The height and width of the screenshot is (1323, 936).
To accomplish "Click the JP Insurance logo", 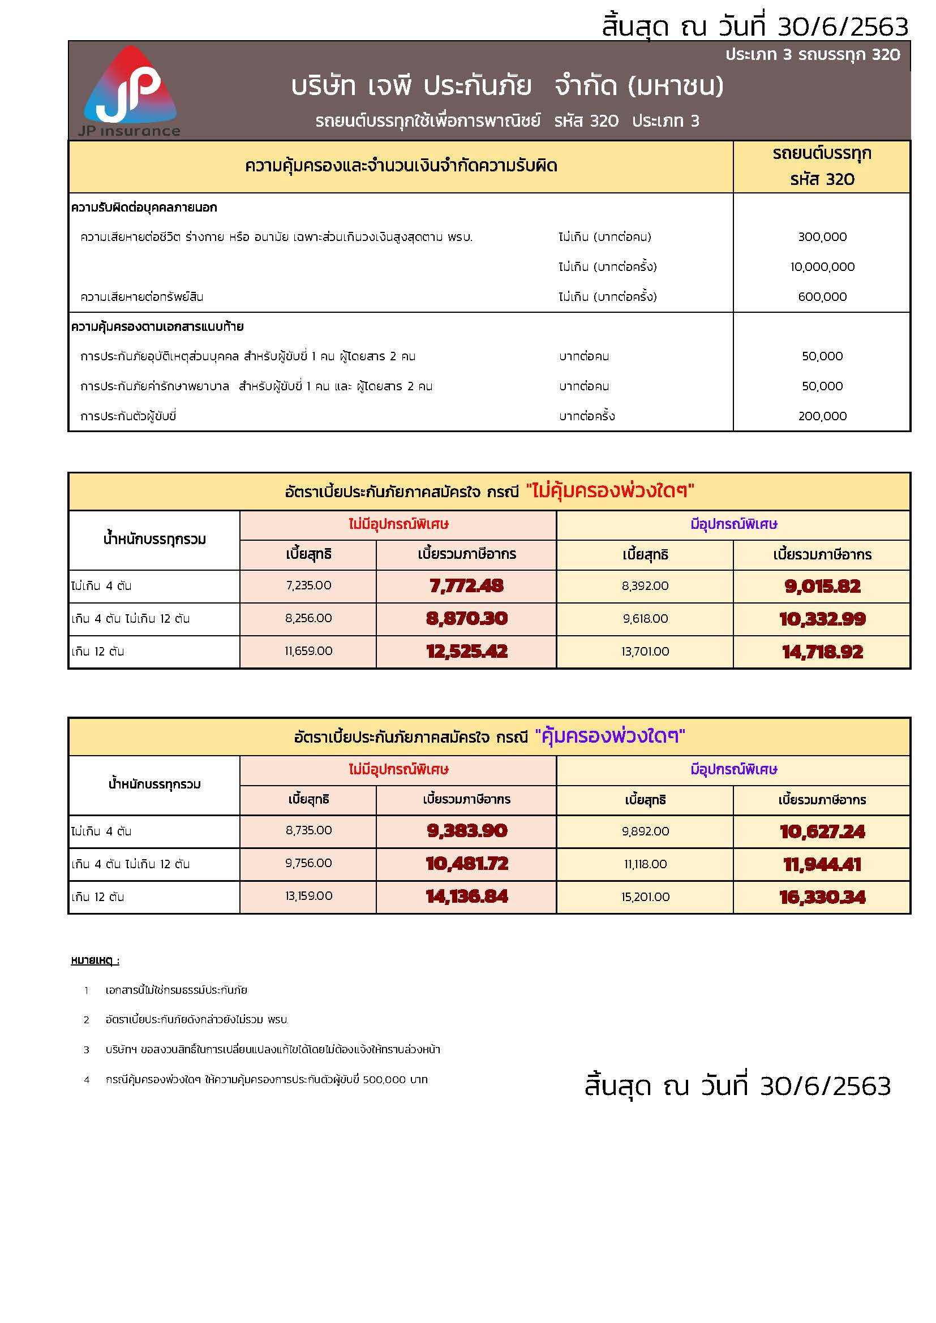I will [x=130, y=91].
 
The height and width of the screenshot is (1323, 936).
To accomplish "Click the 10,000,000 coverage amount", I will [x=822, y=267].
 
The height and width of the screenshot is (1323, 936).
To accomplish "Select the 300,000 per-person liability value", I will [x=822, y=237].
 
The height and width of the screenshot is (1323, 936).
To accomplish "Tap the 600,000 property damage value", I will [x=822, y=297].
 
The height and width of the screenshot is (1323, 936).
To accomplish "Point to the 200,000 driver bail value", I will [x=822, y=416].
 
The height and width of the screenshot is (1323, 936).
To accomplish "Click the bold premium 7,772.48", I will [x=466, y=586].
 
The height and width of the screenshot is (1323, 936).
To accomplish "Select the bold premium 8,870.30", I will [x=466, y=619].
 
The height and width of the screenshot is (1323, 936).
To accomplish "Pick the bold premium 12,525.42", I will [x=466, y=652].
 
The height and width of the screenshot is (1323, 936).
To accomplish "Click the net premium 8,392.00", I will [x=645, y=586].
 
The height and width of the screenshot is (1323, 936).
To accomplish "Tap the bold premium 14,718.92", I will [x=822, y=652].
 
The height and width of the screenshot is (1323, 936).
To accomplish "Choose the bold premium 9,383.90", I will [x=466, y=831].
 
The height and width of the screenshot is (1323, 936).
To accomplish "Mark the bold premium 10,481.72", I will [x=466, y=864].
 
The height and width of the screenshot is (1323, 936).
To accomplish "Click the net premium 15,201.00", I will [x=645, y=897].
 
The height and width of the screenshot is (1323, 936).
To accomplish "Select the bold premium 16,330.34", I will [x=822, y=897].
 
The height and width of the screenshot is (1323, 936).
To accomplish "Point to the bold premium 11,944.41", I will [x=822, y=864].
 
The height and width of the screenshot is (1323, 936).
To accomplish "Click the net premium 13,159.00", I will [x=308, y=896].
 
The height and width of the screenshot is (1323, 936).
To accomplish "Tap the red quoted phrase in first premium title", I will [x=610, y=491].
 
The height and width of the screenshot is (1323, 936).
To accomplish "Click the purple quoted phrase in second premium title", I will [x=610, y=736].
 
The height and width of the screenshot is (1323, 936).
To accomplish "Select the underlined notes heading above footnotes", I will [x=95, y=960].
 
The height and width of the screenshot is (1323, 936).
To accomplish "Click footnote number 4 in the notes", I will [x=87, y=1080].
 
